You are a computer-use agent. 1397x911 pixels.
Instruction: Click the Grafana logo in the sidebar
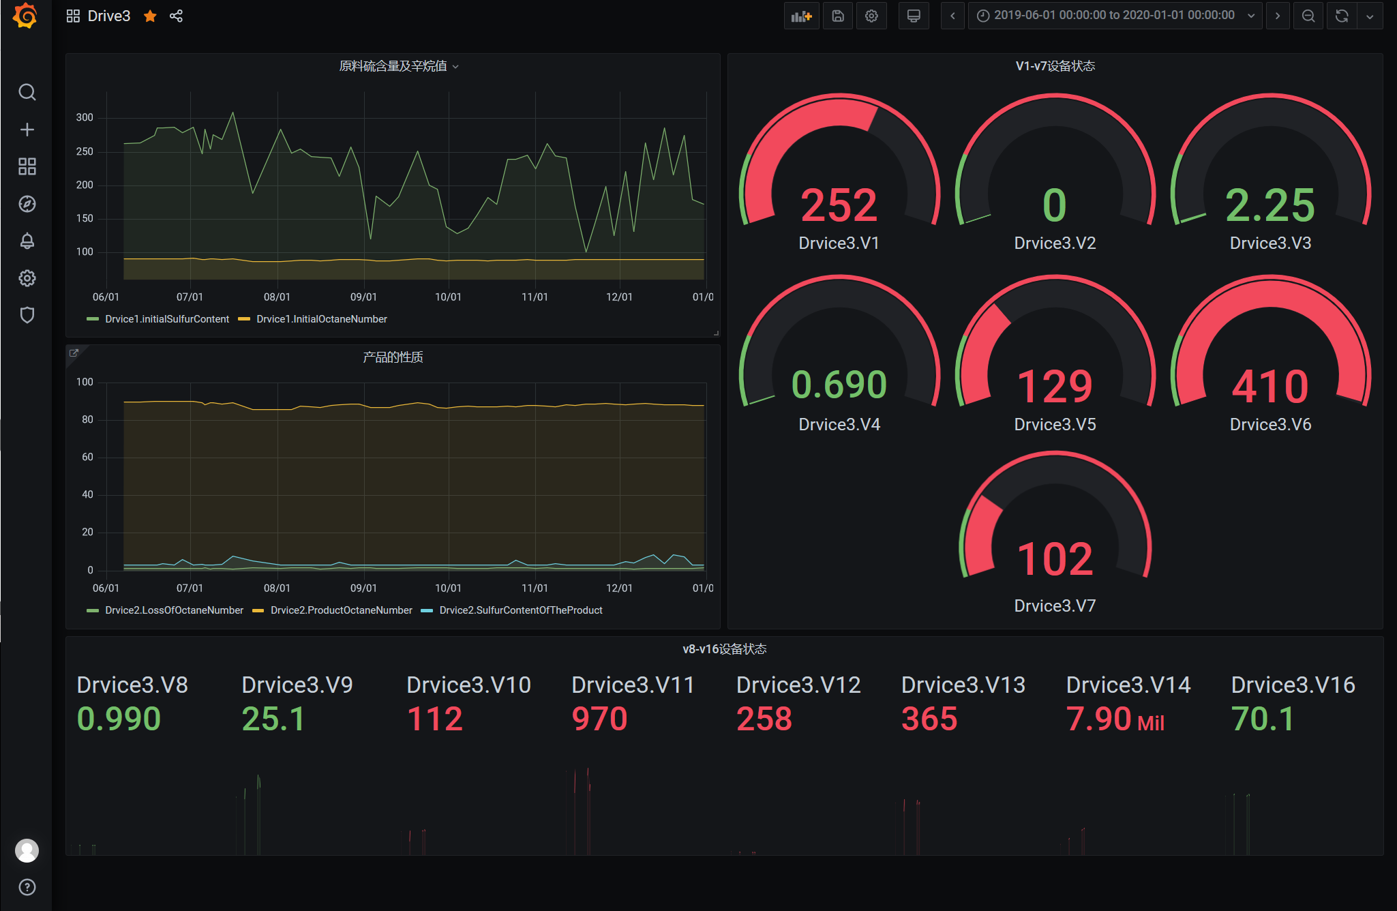[26, 16]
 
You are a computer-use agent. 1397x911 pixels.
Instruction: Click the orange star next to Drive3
[150, 16]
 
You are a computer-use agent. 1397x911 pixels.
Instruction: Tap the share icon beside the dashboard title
[176, 16]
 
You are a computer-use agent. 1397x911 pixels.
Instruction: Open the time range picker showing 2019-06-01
[1114, 16]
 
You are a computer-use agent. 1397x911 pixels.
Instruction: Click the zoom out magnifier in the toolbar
[1308, 16]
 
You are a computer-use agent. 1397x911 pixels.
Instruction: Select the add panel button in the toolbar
[801, 16]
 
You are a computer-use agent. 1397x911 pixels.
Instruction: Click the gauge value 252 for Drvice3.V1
[839, 205]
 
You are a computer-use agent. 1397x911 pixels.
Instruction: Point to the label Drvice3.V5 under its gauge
[1055, 424]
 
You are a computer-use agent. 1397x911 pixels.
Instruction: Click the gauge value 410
[1270, 387]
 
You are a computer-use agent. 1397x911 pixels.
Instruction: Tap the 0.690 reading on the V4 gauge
[839, 385]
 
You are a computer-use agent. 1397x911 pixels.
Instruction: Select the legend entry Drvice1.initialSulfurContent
[167, 319]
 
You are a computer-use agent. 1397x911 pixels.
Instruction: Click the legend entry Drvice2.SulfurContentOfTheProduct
[520, 610]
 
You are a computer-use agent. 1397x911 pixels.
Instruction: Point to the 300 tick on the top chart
[85, 117]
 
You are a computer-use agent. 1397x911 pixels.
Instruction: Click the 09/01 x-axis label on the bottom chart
[363, 588]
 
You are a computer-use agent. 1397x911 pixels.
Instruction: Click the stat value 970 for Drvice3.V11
[599, 719]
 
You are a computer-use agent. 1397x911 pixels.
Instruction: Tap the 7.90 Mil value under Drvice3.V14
[1115, 719]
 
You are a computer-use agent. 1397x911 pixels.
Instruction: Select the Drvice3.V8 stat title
[132, 685]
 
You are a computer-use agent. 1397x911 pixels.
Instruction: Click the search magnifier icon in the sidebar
[27, 92]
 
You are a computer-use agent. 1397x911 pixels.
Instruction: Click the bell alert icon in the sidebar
[27, 241]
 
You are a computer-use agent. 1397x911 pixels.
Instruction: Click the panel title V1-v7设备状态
[1055, 66]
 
